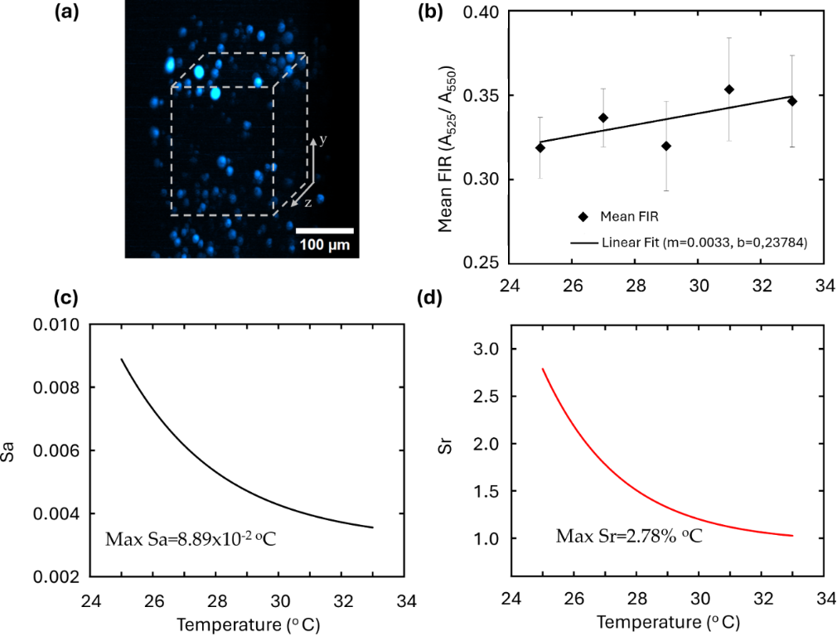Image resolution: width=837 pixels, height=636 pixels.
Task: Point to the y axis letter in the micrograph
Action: point(322,140)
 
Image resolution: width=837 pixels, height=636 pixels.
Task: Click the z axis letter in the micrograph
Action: point(307,201)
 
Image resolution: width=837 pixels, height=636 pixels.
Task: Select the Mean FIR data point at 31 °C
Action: point(729,89)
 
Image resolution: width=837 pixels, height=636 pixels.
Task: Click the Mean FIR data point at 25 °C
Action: point(540,147)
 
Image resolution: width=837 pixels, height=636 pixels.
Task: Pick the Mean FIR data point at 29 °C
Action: point(666,146)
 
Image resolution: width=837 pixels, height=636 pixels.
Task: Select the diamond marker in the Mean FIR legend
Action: point(583,217)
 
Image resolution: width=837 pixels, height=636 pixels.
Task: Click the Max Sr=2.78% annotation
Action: point(629,537)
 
